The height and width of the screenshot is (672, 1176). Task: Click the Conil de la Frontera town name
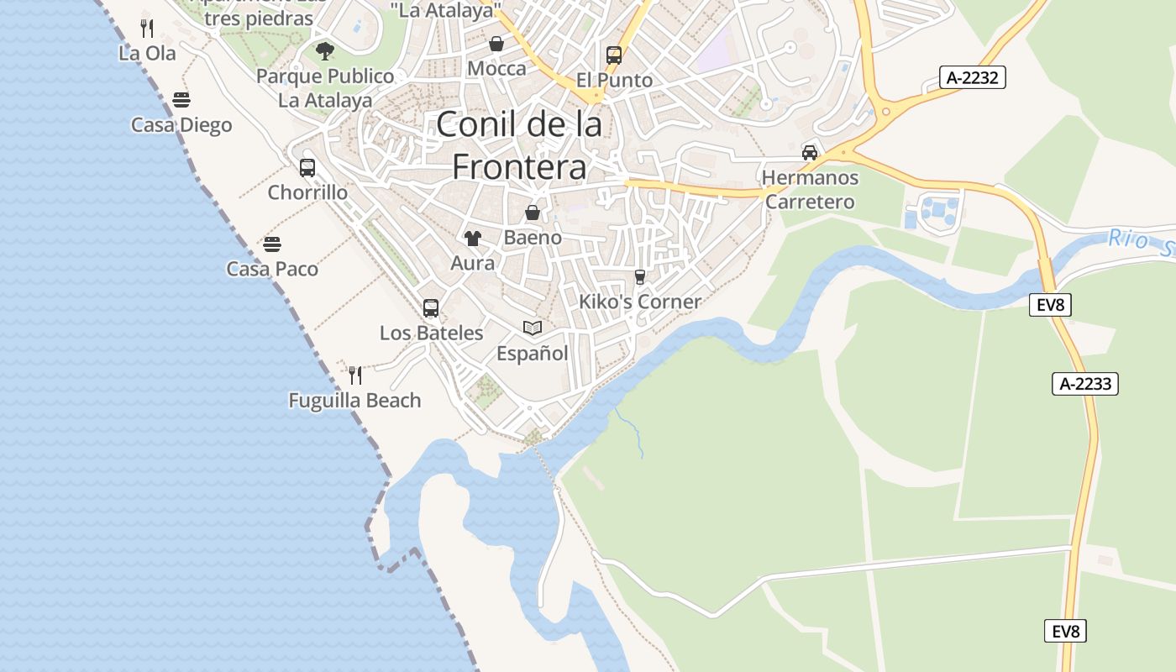point(519,145)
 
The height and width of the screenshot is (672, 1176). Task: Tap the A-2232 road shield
point(972,78)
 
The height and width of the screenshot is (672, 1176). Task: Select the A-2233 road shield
point(1084,384)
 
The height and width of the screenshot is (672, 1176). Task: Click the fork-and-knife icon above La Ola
point(147,29)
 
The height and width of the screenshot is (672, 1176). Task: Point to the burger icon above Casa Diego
point(181,100)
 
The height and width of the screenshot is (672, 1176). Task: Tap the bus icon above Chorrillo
point(307,167)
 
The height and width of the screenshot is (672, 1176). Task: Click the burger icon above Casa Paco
point(272,244)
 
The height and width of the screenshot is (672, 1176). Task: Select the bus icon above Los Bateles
point(431,308)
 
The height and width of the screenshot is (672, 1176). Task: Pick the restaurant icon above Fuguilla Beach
point(355,375)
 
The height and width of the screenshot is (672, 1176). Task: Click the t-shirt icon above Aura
point(473,239)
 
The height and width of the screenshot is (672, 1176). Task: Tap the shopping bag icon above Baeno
point(533,213)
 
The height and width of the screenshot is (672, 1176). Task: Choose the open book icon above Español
point(533,328)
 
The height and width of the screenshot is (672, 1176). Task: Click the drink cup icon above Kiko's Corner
point(640,276)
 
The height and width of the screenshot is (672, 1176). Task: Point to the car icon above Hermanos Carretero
point(810,153)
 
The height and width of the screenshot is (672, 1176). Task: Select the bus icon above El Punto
point(614,55)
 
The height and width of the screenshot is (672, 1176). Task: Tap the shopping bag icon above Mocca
point(496,44)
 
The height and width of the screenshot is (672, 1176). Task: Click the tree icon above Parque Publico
point(325,51)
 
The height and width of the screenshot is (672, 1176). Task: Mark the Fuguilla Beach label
point(354,400)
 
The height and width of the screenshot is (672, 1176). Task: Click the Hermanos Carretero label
point(810,190)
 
